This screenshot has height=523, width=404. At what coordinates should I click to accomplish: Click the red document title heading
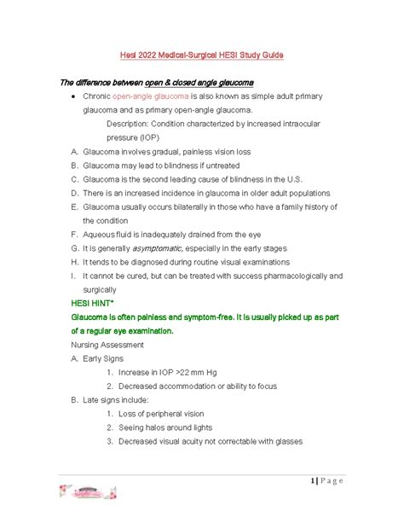point(201,55)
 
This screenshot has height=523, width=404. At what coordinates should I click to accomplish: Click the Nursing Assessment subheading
point(107,344)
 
